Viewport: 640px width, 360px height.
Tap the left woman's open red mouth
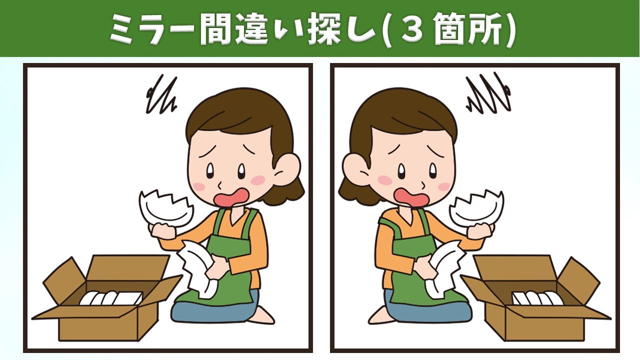click(x=232, y=197)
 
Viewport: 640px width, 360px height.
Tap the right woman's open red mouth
click(x=411, y=197)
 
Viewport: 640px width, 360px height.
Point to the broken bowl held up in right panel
click(x=476, y=207)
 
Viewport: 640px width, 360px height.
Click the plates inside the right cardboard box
click(x=537, y=298)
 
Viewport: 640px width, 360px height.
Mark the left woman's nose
click(x=219, y=185)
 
